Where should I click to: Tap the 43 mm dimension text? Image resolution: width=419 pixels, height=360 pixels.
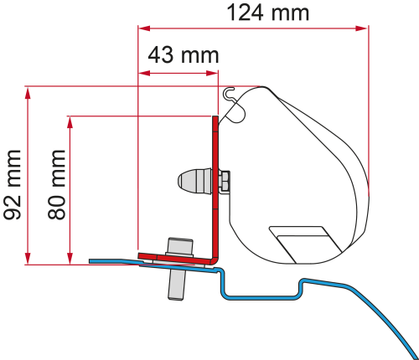tap(183, 56)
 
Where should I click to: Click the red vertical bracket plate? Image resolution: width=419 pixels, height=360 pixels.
tap(214, 184)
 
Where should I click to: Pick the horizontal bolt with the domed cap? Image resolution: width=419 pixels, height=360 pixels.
tap(197, 180)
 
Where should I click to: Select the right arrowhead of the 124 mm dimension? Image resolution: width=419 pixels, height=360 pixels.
tap(365, 28)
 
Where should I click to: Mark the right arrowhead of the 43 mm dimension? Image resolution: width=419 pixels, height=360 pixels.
tap(215, 74)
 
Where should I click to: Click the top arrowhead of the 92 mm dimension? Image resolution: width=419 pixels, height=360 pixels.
tap(29, 90)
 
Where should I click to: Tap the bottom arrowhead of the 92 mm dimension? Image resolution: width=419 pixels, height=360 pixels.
tap(29, 260)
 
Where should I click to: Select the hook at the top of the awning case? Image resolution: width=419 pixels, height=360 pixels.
tap(235, 100)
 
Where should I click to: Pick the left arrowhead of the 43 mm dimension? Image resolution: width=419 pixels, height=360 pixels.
tap(141, 74)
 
